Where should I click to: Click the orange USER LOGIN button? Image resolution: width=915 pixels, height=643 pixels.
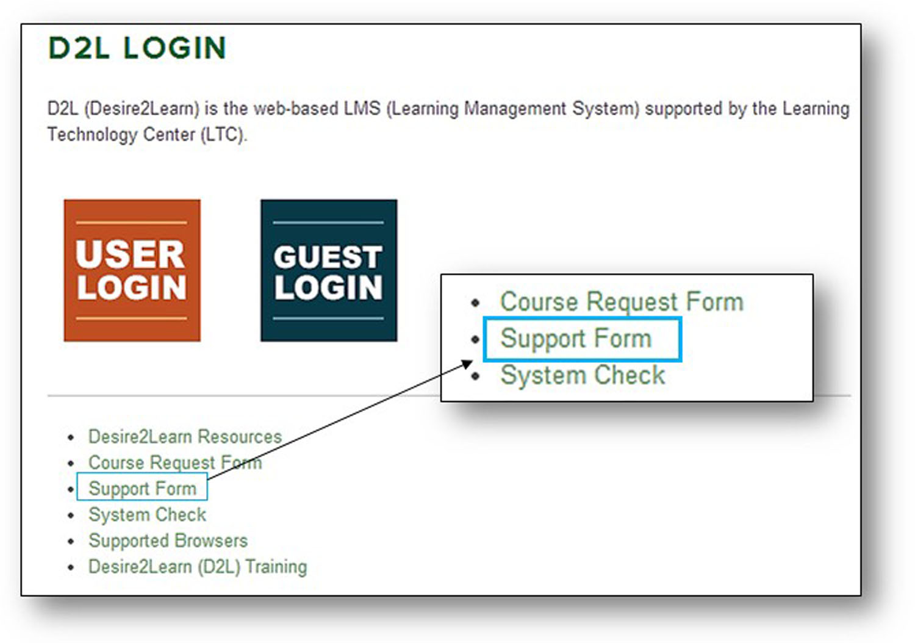click(x=132, y=270)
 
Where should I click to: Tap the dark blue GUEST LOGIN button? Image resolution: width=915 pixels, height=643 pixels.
click(x=329, y=270)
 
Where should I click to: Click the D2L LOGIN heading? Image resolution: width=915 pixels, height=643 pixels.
click(x=137, y=48)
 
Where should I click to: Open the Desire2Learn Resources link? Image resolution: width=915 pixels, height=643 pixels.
click(x=185, y=436)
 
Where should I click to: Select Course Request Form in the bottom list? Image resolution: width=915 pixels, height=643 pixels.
click(x=175, y=462)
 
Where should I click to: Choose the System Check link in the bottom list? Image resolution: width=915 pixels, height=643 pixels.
click(x=148, y=514)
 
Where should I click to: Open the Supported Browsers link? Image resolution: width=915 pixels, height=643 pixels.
click(x=168, y=541)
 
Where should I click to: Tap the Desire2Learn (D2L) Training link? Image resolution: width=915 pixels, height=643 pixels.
click(x=198, y=567)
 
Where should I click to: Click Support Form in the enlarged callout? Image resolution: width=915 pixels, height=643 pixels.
click(x=576, y=339)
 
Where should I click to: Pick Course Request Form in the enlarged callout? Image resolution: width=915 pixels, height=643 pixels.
click(x=622, y=302)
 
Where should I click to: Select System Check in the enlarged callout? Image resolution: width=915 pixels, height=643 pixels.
click(x=583, y=375)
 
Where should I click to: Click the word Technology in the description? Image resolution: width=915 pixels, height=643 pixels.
click(x=92, y=134)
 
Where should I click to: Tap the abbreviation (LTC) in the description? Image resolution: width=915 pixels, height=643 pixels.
click(x=223, y=134)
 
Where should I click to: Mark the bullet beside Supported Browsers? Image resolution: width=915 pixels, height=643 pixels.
click(x=71, y=542)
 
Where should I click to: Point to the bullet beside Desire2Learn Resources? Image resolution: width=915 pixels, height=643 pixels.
click(x=71, y=437)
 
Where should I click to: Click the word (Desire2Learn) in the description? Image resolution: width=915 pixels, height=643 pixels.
click(x=142, y=109)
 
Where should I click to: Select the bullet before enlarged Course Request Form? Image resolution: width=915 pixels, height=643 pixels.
click(x=475, y=303)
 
